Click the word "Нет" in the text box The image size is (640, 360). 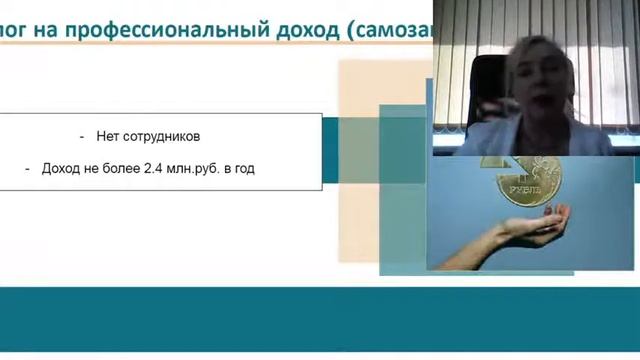click(107, 136)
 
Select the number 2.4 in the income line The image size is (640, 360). click(154, 169)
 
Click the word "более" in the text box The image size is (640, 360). click(121, 169)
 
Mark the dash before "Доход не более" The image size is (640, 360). click(28, 169)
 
